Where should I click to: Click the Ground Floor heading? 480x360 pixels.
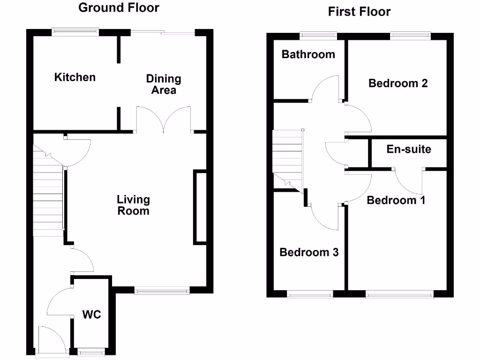point(119,8)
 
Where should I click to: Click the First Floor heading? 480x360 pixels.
point(359,12)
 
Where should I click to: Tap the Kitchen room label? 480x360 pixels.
point(75,77)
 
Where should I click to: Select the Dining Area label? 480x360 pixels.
point(163,84)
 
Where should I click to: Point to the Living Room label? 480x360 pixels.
point(133,205)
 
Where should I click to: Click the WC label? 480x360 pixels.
point(92,314)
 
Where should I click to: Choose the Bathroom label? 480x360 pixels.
point(308,54)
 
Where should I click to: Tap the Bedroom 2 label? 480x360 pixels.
point(398,83)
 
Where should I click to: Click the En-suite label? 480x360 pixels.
point(409,150)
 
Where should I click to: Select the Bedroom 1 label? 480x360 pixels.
point(396,200)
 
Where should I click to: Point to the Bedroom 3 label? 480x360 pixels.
point(309,252)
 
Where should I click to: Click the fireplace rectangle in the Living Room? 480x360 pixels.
point(200,207)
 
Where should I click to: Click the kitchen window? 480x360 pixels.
point(75,32)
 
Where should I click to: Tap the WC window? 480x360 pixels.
point(91,352)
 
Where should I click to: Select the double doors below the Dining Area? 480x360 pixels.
point(163,119)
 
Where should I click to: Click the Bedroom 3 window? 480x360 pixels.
point(309,294)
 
